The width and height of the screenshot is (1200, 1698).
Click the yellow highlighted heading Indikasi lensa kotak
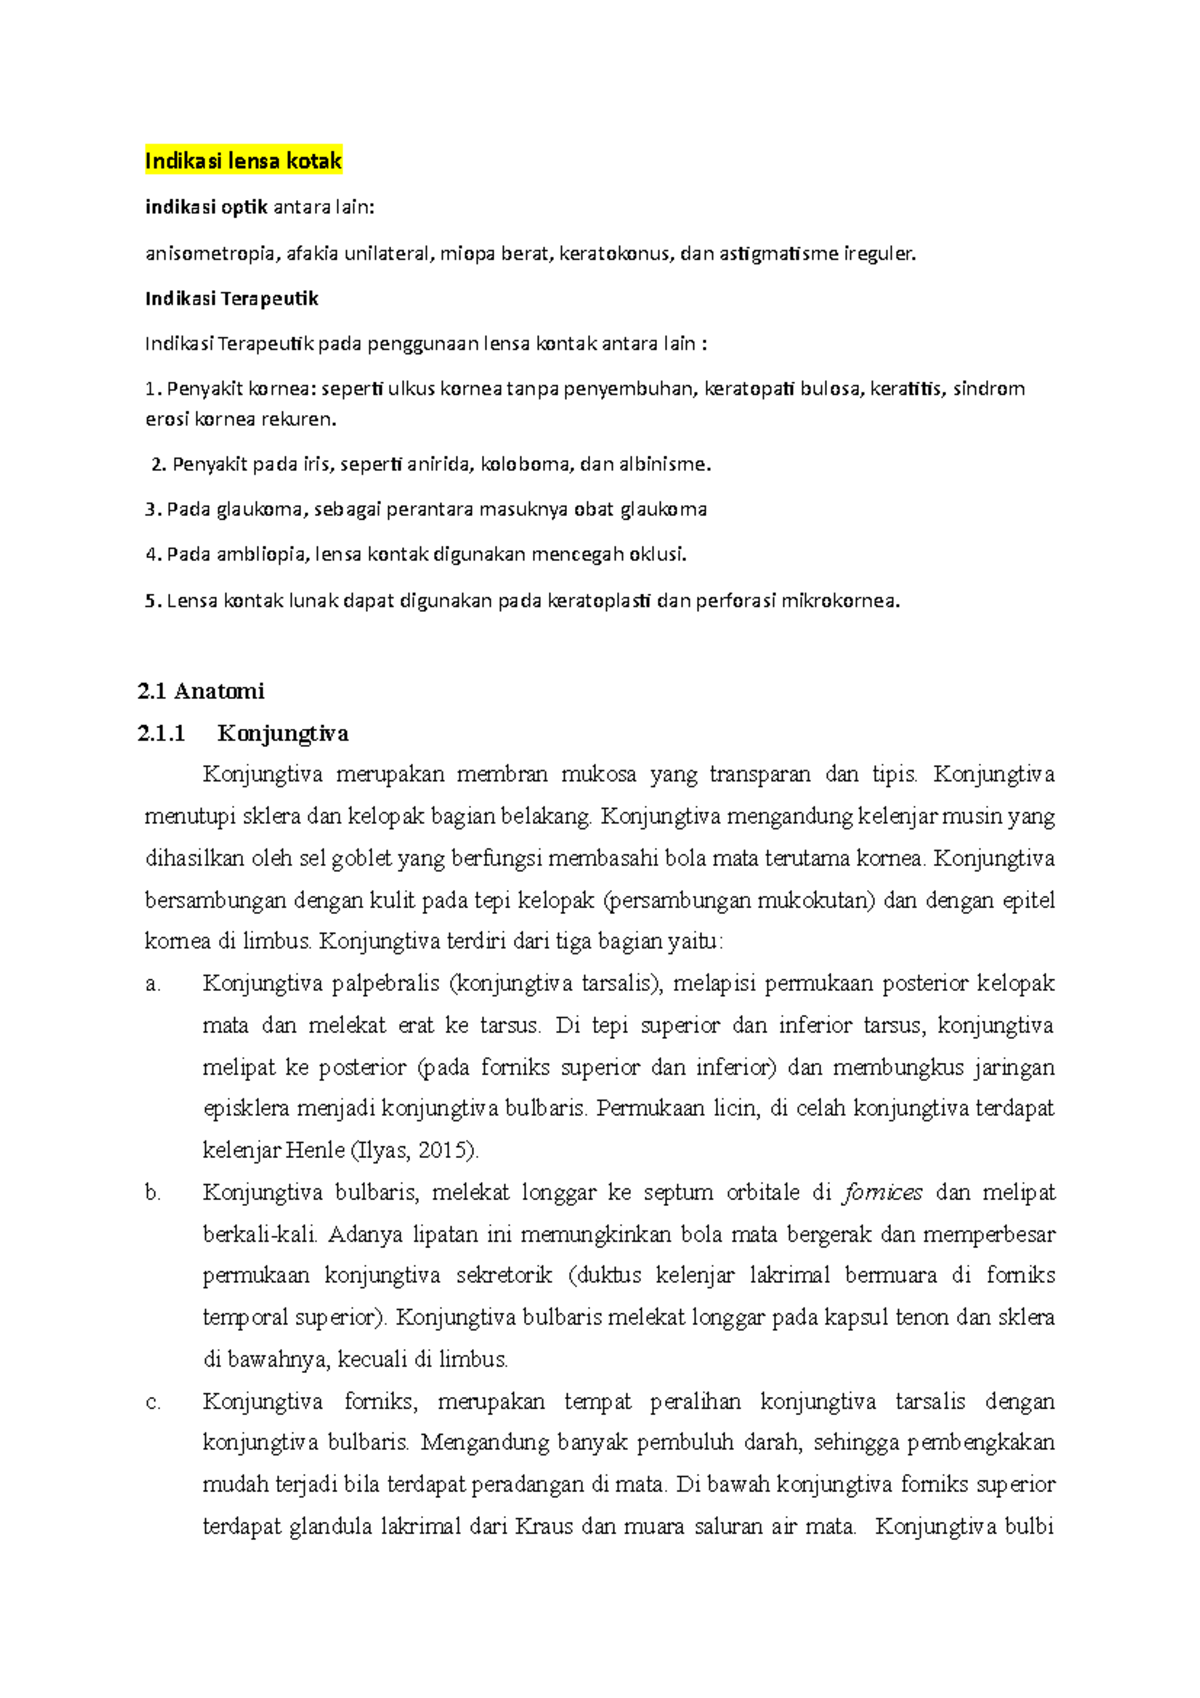tap(243, 161)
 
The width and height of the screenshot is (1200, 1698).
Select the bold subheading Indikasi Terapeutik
tap(231, 298)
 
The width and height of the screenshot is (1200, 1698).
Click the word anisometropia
tap(210, 253)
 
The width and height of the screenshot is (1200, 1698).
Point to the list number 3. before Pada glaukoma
tap(152, 509)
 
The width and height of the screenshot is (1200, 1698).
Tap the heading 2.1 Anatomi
tap(201, 691)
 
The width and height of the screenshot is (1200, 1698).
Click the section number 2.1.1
tap(162, 733)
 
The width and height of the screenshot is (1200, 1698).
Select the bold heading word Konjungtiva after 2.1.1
tap(283, 733)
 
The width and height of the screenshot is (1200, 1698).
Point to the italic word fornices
tap(883, 1192)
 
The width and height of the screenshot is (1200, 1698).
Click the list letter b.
tap(152, 1192)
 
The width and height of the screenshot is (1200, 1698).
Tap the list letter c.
tap(152, 1402)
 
